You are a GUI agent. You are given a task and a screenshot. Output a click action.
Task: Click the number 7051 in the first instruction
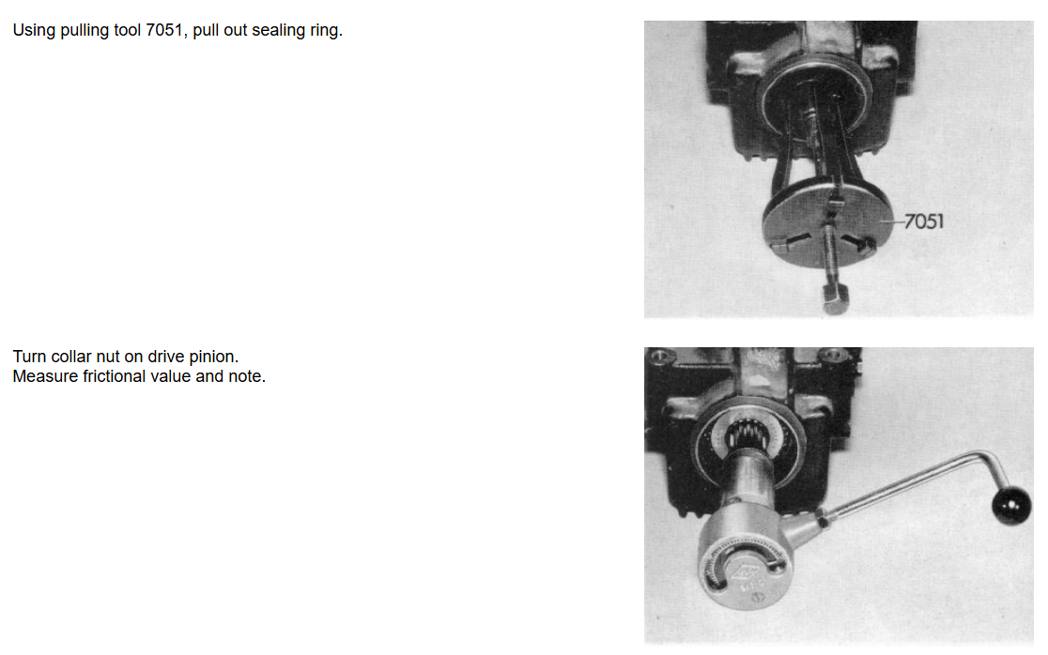pyautogui.click(x=163, y=30)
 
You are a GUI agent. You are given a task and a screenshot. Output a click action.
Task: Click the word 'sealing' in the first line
pyautogui.click(x=278, y=31)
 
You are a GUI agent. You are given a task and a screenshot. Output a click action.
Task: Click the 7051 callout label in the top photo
pyautogui.click(x=924, y=221)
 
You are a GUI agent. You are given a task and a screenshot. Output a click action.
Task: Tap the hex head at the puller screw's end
pyautogui.click(x=836, y=297)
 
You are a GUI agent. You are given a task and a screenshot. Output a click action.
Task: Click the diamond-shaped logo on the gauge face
pyautogui.click(x=742, y=572)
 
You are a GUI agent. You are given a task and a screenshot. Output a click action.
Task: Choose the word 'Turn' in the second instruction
pyautogui.click(x=29, y=357)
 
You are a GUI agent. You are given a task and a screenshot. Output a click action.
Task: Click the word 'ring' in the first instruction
pyautogui.click(x=326, y=31)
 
